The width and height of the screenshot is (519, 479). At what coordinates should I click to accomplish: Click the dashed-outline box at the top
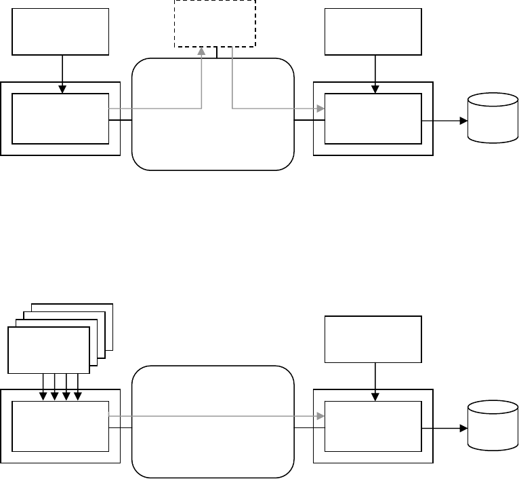click(x=215, y=24)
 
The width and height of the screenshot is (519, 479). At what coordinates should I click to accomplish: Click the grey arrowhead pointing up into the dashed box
click(x=201, y=51)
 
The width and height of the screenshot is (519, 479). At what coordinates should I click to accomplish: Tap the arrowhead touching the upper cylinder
click(x=464, y=121)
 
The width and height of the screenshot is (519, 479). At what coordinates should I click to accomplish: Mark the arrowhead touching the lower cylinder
click(x=464, y=429)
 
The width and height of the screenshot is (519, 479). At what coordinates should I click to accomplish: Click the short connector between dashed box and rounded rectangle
click(x=216, y=53)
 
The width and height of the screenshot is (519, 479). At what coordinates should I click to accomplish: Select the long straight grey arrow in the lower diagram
click(x=217, y=415)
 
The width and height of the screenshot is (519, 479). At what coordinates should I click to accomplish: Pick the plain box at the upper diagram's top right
click(x=373, y=31)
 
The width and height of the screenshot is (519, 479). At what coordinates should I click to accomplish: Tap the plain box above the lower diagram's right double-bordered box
click(x=373, y=339)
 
